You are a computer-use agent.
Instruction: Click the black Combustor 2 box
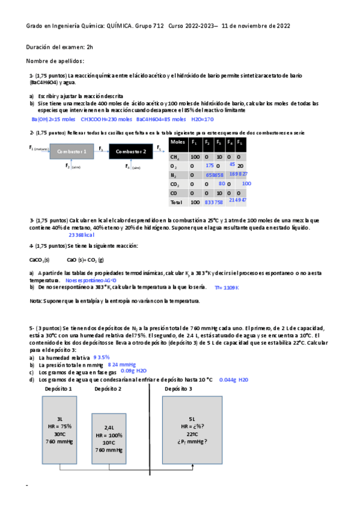130,152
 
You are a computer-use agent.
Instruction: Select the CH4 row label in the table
174,156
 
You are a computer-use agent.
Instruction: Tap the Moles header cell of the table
177,142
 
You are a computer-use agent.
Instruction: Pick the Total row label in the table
176,202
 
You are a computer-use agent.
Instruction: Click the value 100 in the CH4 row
194,156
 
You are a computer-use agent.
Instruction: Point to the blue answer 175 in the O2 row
209,165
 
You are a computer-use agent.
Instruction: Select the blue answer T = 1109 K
227,288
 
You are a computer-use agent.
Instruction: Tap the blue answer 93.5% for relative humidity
101,357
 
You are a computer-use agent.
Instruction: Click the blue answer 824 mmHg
122,365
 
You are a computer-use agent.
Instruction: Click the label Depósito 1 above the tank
59,389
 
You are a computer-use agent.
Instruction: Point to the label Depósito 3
179,389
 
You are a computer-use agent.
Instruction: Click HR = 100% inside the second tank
109,435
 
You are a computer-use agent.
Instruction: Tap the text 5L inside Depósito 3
192,419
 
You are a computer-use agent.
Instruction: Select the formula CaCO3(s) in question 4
39,260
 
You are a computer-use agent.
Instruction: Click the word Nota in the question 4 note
35,301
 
